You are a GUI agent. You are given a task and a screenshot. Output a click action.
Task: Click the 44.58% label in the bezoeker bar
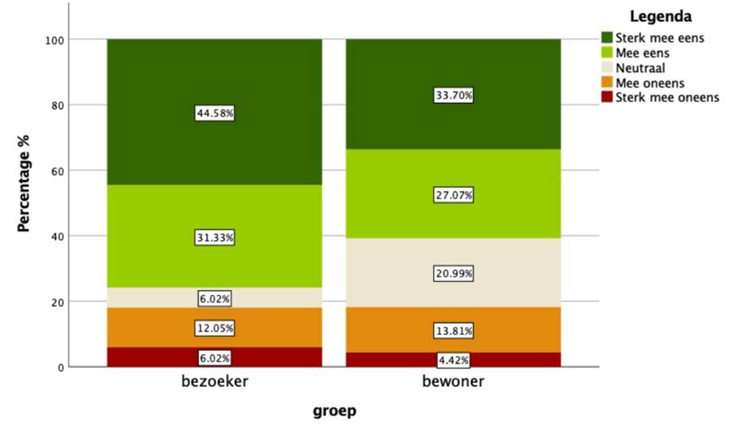[x=215, y=113]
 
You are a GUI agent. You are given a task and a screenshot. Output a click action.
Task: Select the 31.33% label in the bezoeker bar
[x=215, y=238]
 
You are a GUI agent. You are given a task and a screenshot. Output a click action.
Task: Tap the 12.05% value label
[x=215, y=328]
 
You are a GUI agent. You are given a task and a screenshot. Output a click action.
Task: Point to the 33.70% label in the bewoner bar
[x=453, y=96]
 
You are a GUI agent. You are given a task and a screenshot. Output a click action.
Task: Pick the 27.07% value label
[x=453, y=195]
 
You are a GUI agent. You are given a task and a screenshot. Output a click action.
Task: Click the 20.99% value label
[x=453, y=273]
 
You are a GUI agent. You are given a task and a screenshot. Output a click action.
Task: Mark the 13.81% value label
[x=453, y=331]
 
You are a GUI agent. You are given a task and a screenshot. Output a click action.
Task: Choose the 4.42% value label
[x=453, y=360]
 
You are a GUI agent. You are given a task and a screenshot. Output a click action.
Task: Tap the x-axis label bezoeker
[x=215, y=381]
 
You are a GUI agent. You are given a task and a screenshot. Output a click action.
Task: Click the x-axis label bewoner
[x=453, y=381]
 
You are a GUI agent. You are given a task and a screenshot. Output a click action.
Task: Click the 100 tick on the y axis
[x=54, y=41]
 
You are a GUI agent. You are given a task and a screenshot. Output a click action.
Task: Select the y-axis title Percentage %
[x=23, y=183]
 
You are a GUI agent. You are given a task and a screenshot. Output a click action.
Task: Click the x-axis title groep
[x=334, y=411]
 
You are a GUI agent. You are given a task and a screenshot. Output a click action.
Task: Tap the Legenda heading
[x=661, y=16]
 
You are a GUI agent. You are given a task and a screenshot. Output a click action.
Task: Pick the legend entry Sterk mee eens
[x=652, y=38]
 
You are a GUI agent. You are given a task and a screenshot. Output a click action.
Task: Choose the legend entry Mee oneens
[x=643, y=84]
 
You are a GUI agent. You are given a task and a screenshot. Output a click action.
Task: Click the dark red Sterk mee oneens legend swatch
[x=607, y=97]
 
